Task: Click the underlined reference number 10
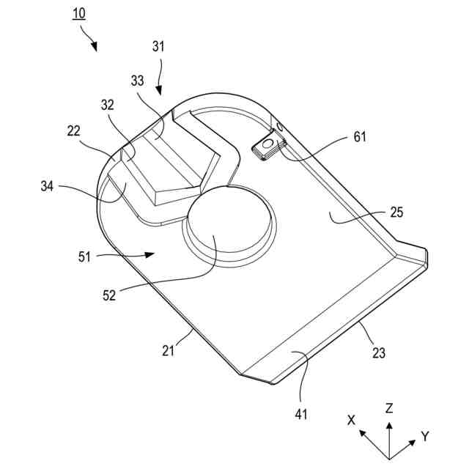[79, 14]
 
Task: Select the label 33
[138, 81]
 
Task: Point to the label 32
[108, 105]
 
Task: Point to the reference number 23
[379, 352]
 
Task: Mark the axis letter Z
[390, 407]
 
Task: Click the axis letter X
[352, 420]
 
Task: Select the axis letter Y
[425, 437]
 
